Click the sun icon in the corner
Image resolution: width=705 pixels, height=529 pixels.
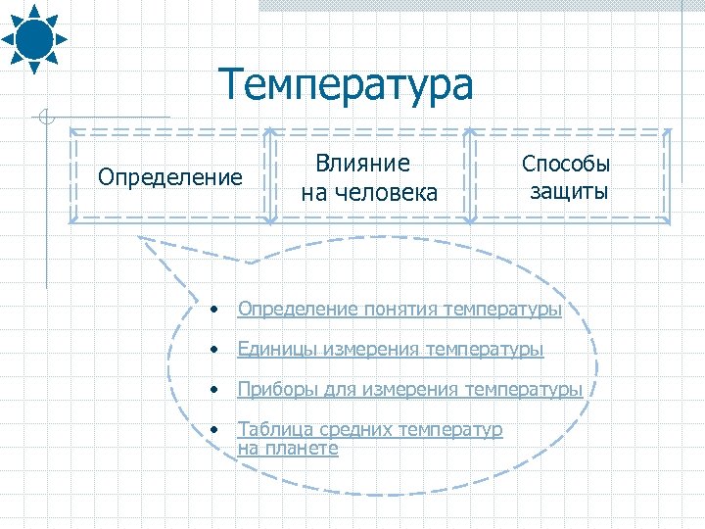point(33,37)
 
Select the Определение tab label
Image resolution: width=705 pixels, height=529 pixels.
point(170,177)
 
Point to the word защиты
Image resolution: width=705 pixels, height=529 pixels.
point(569,190)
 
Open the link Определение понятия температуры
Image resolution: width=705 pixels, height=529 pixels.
point(399,310)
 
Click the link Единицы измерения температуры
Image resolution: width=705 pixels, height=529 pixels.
point(390,349)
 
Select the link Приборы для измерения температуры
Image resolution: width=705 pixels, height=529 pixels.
point(409,389)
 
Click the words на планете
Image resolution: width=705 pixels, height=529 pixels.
point(288,449)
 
